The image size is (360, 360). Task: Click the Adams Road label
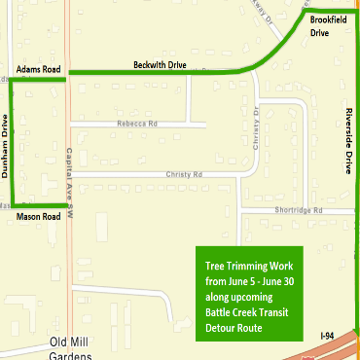tap(38, 70)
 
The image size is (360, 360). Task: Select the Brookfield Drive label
tap(326, 25)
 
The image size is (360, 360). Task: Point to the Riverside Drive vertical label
tap(346, 138)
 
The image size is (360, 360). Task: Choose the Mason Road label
tap(39, 217)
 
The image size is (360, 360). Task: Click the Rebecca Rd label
tap(137, 124)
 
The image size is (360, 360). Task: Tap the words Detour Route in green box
tap(239, 327)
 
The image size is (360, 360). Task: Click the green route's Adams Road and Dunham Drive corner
tap(12, 82)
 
